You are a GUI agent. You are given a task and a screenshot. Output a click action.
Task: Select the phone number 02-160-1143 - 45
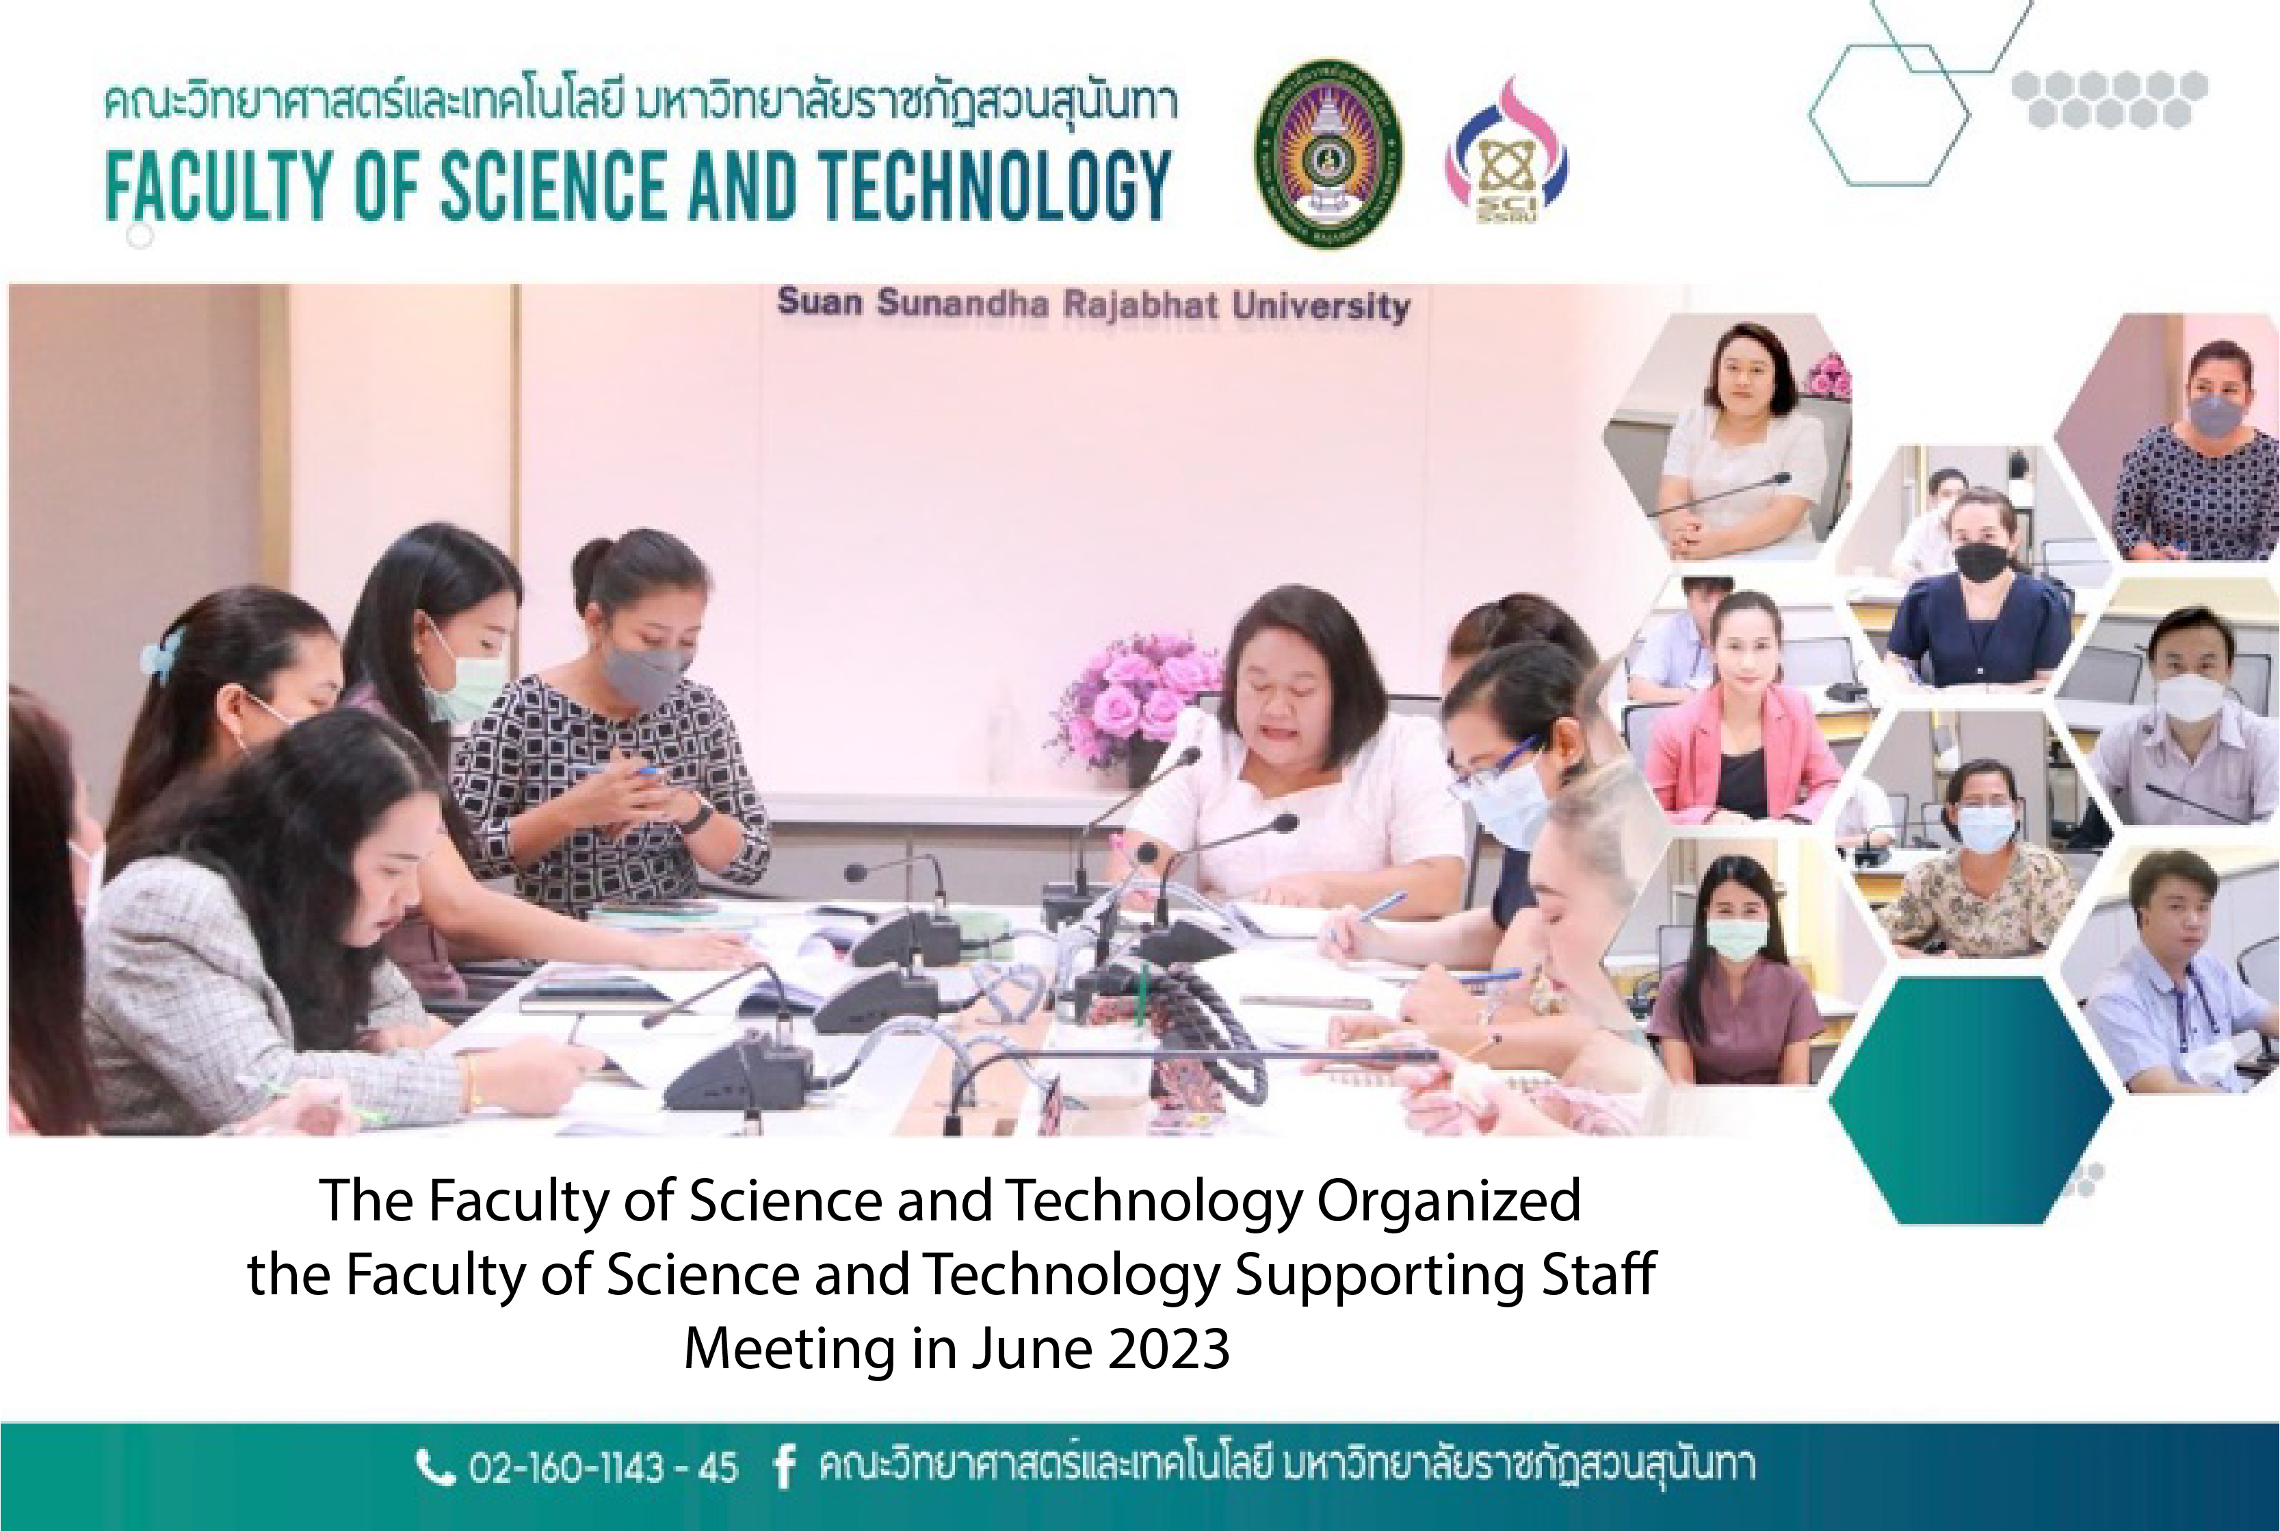coord(603,1467)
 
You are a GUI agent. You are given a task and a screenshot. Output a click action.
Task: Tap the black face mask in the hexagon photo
coord(1980,564)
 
